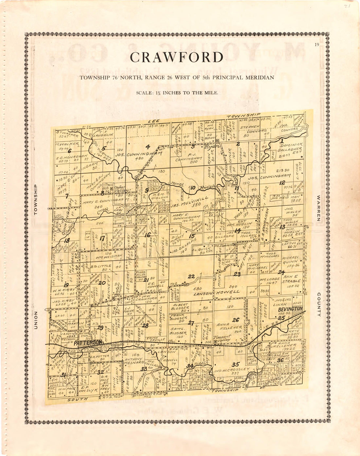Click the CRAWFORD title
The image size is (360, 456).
coord(177,58)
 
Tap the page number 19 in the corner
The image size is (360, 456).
coord(316,45)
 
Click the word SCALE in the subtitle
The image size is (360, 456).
coord(144,93)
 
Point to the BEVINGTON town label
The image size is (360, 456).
coord(290,309)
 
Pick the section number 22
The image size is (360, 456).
coord(191,277)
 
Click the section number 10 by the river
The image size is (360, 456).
coord(193,188)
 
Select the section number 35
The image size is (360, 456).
coord(236,364)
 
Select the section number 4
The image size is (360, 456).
coord(148,147)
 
